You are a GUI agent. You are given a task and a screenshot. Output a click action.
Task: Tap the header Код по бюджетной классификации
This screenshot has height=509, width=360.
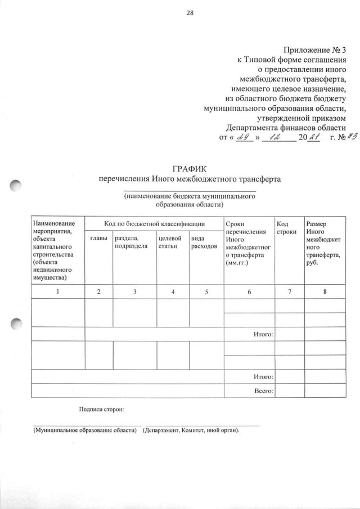pos(154,224)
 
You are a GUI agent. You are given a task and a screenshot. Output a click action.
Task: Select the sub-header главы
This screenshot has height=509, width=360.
pos(98,238)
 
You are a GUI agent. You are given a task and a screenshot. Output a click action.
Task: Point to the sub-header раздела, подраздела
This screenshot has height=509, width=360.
pos(130,242)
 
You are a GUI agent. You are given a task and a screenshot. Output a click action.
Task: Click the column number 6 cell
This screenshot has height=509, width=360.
pos(249,291)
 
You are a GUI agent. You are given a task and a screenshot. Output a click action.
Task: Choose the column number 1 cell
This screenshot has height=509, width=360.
pos(58,291)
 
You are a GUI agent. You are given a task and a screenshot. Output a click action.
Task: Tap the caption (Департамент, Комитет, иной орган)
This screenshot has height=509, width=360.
pos(191,430)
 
